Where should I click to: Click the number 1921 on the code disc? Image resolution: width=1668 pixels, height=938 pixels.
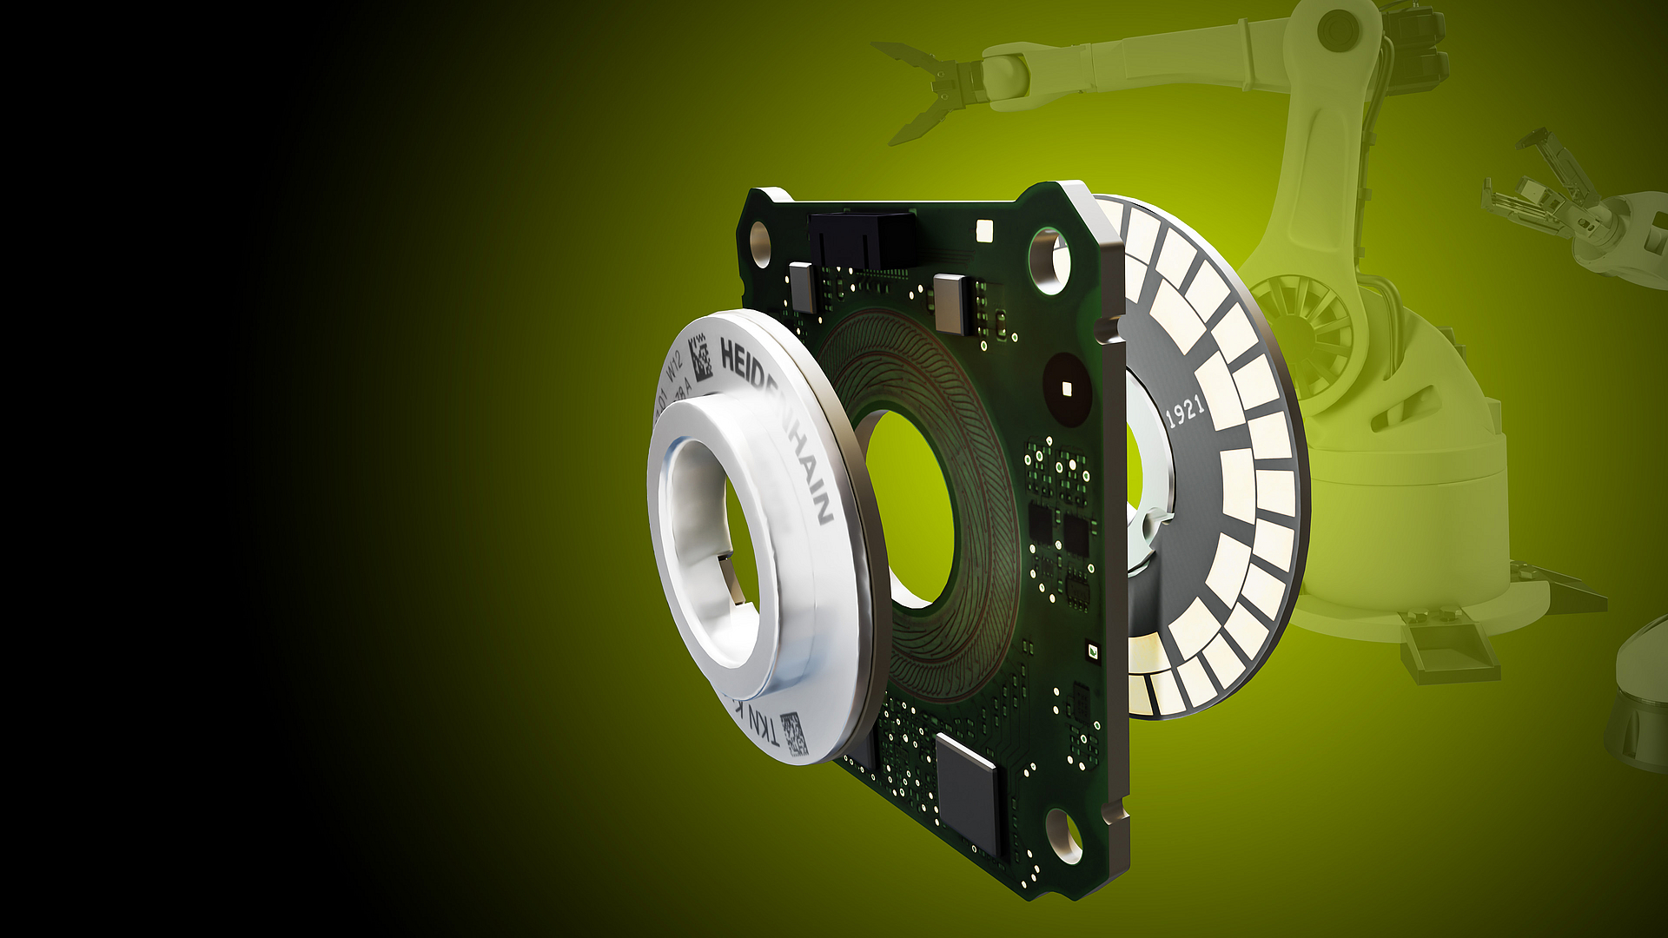[x=1185, y=410]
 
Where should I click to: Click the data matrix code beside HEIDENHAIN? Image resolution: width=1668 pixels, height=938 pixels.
[x=699, y=359]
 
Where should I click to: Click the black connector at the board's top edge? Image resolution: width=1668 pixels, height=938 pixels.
[x=860, y=239]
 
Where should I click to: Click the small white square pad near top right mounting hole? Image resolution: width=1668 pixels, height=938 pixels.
[x=984, y=230]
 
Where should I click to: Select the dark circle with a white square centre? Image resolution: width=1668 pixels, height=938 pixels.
[x=1066, y=387]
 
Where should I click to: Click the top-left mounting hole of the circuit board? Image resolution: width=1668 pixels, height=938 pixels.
[x=760, y=244]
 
